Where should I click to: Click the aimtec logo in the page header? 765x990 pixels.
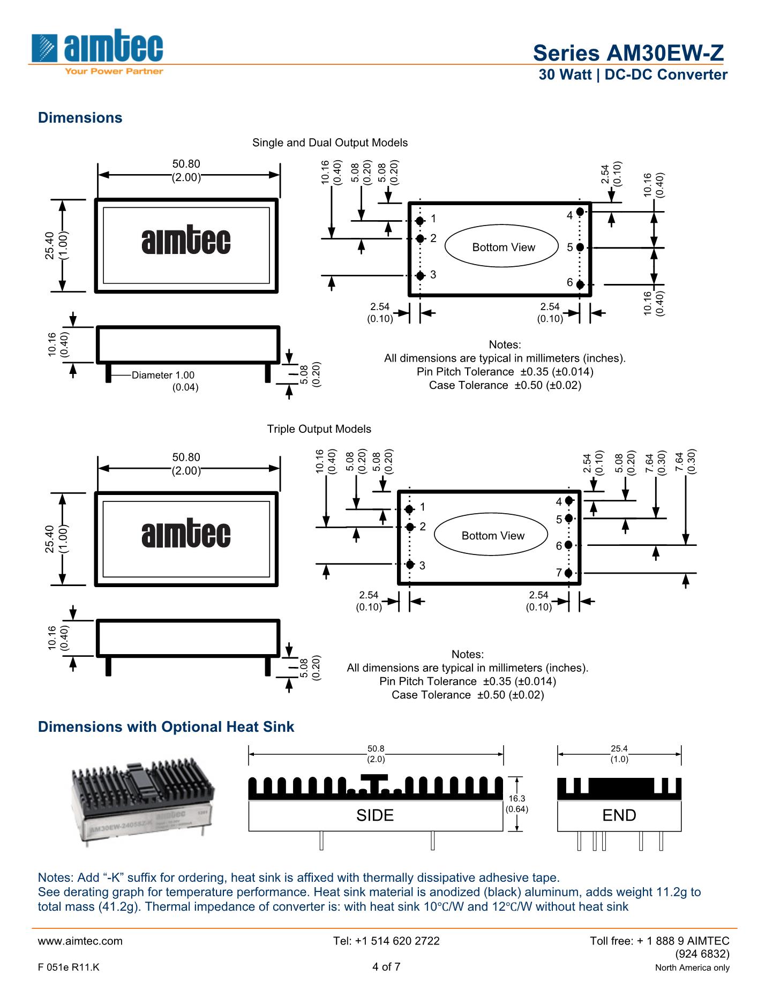[96, 51]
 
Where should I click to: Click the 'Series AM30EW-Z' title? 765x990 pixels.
[628, 53]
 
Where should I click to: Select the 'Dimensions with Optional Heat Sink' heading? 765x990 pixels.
[166, 726]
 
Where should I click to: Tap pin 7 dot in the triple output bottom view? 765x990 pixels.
[569, 573]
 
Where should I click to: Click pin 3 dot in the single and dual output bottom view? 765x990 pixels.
[421, 275]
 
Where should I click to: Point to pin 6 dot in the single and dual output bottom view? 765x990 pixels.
[580, 284]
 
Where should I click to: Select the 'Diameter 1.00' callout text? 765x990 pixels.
[163, 376]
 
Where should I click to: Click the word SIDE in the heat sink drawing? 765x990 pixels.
[375, 815]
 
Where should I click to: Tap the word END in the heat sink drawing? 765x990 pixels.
[619, 815]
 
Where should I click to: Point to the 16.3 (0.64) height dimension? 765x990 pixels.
[517, 804]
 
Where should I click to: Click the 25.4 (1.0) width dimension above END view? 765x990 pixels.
[619, 754]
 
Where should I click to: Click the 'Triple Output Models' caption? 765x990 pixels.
[319, 429]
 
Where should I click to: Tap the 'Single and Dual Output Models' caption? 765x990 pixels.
[330, 142]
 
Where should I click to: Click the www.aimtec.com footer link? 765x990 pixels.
[80, 941]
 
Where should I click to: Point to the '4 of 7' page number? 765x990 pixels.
[386, 966]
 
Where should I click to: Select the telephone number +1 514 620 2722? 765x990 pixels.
[386, 941]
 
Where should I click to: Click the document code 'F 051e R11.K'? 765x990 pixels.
[69, 967]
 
